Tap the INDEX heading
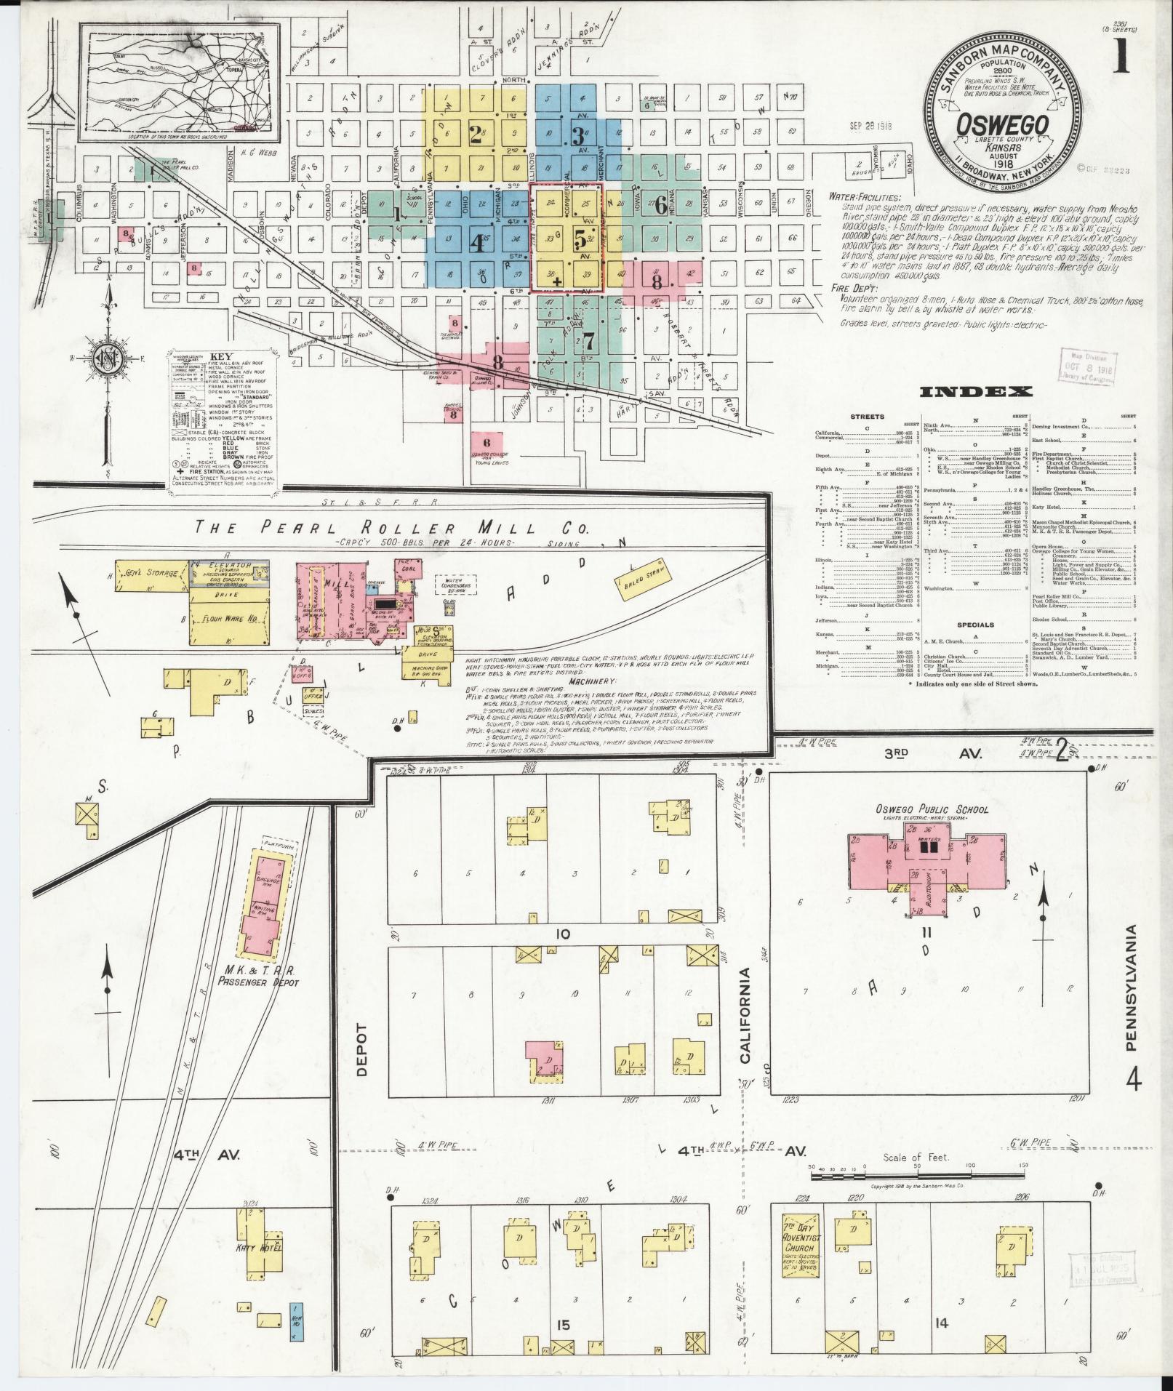[975, 392]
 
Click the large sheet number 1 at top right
[1119, 57]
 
